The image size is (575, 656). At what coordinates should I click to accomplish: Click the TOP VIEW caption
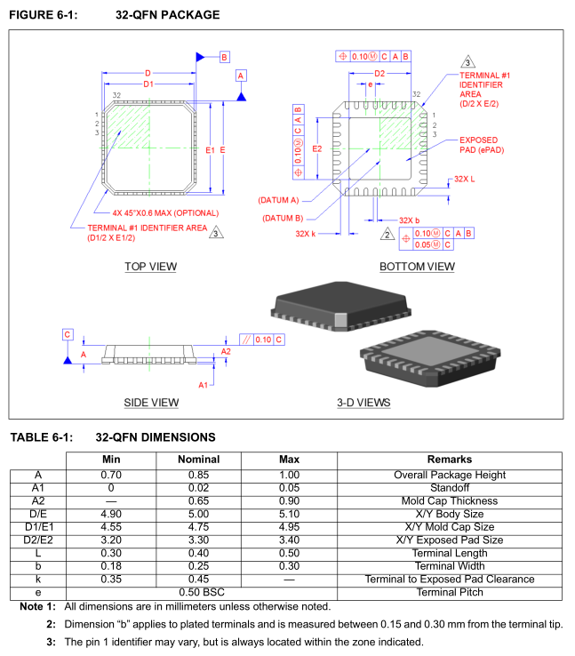coord(150,267)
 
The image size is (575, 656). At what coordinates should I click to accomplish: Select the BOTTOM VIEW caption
coord(417,267)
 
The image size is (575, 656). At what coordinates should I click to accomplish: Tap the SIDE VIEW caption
coord(151,403)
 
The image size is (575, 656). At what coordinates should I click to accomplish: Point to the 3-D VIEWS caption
coord(363,403)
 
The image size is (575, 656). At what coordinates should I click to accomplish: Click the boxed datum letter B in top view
coord(224,57)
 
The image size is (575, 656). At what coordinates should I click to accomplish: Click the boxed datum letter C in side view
coord(67,334)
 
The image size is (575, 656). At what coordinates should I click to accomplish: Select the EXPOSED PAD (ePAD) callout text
coord(479,146)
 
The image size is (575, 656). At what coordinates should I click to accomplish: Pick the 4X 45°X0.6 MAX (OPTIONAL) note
coord(165,212)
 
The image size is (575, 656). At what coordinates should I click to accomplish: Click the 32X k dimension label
coord(306,234)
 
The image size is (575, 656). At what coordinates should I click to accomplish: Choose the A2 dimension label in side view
coord(226,352)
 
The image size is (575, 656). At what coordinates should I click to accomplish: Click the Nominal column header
coord(198,460)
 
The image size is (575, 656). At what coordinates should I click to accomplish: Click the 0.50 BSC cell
coord(198,592)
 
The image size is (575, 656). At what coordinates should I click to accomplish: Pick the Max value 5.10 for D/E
coord(290,514)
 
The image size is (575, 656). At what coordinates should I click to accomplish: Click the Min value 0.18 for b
coord(110,566)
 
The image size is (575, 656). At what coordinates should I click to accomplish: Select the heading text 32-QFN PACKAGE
coord(168,15)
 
